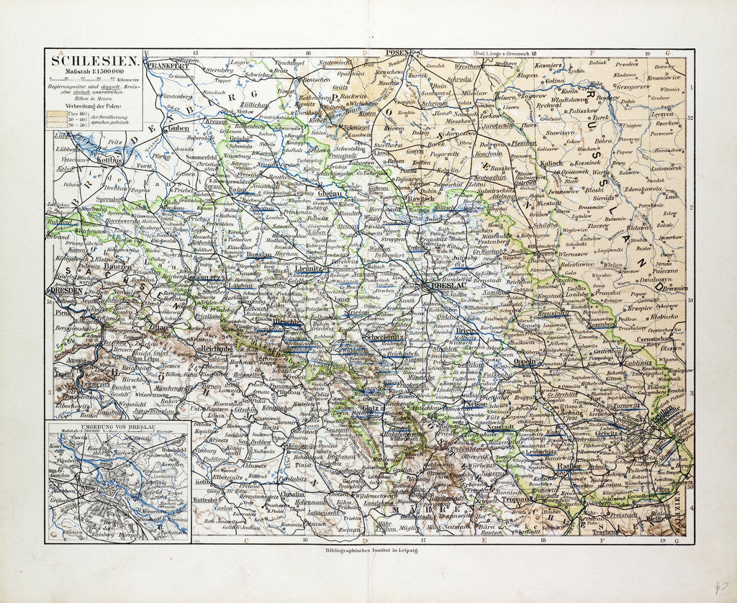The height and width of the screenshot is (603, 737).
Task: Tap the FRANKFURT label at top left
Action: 168,65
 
